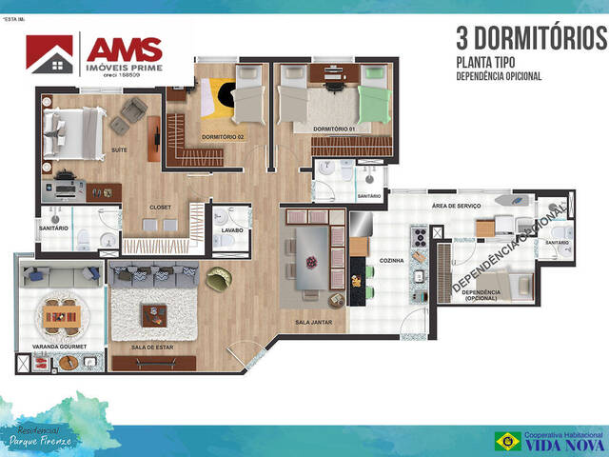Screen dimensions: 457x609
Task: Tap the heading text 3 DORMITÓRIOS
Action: pos(530,39)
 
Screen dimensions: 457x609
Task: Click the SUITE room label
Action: pos(120,150)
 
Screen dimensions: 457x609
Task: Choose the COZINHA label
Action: pos(391,260)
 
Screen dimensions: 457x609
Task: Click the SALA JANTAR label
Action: pos(312,324)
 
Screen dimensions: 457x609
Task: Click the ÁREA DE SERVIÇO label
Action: pos(459,206)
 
